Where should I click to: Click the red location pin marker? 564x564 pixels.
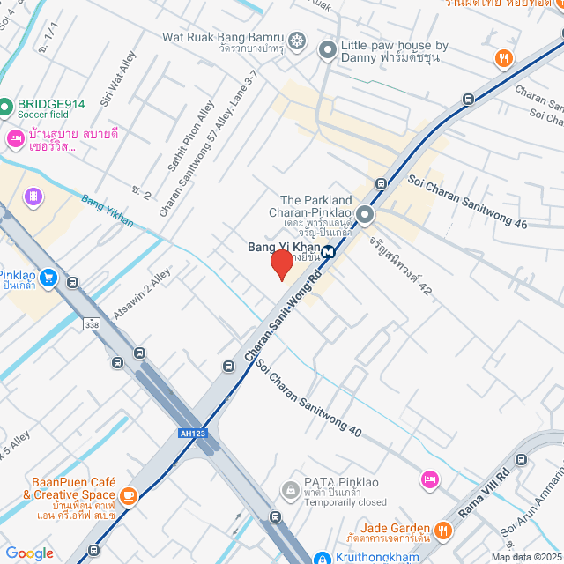[x=281, y=264]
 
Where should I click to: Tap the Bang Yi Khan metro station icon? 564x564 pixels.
[x=328, y=251]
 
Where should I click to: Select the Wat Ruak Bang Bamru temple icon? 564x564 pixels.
[x=298, y=41]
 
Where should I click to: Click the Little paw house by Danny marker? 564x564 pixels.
[x=327, y=51]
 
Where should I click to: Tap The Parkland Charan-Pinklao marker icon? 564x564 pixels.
[x=365, y=215]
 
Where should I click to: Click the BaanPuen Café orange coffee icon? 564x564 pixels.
[x=129, y=496]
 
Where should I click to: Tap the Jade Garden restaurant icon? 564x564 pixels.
[x=442, y=531]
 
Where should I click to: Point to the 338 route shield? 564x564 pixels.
[x=92, y=324]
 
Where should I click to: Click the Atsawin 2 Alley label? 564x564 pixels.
[x=142, y=294]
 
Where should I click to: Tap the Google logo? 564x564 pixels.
[x=29, y=553]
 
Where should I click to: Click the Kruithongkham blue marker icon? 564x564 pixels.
[x=323, y=557]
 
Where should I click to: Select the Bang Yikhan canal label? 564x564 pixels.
[x=108, y=211]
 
